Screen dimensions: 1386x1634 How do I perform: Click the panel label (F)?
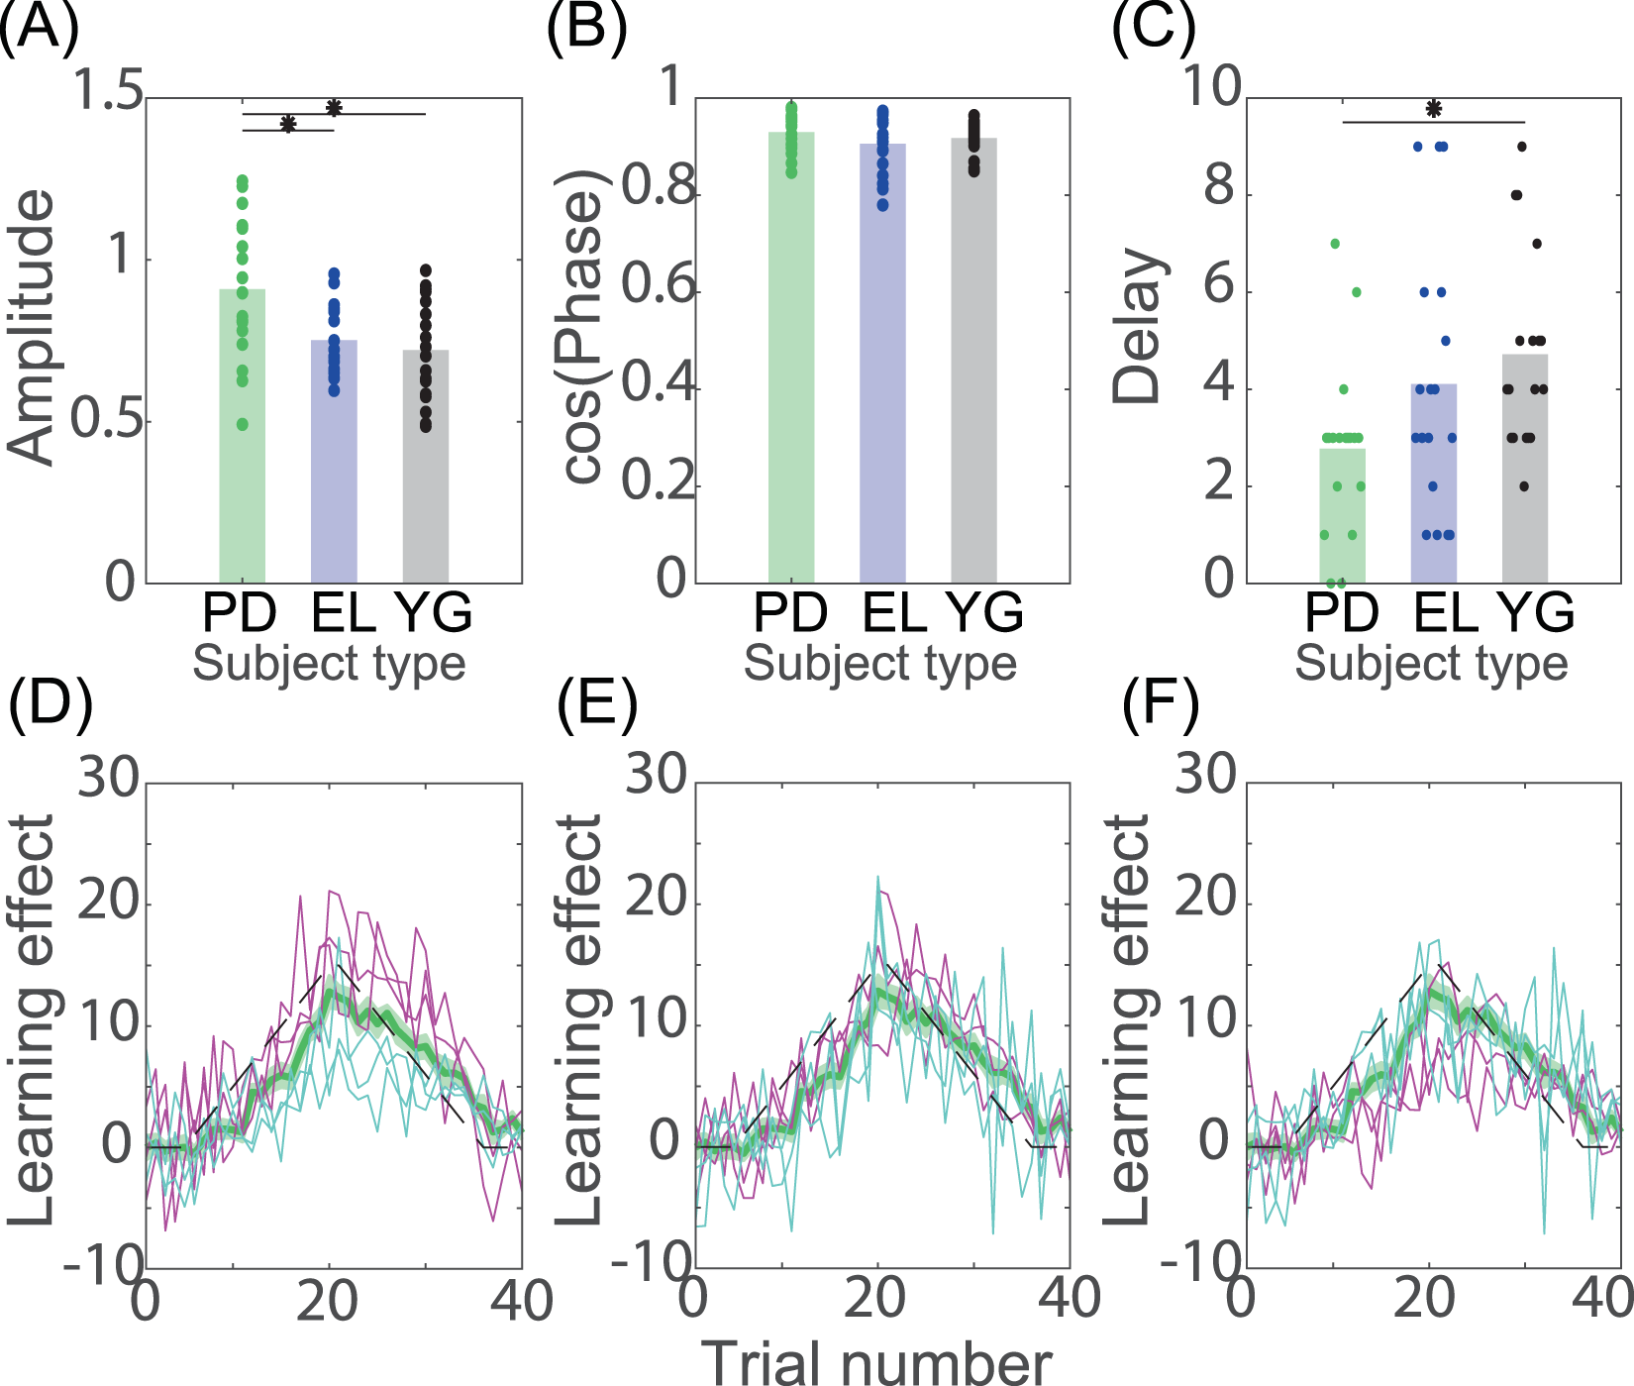(1160, 704)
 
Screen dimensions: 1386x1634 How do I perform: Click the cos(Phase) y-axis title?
(582, 327)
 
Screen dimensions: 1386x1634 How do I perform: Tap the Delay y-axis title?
(1136, 327)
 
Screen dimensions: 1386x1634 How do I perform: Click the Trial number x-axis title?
(879, 1363)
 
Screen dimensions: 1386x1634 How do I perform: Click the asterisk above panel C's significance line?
(1433, 109)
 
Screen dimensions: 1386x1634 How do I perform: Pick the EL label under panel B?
(894, 613)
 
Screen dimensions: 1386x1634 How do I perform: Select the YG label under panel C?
(1535, 613)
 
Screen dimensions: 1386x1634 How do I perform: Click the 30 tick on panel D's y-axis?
(109, 778)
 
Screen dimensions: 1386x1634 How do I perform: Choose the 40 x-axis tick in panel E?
(1070, 1299)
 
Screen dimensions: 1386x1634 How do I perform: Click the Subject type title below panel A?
(329, 664)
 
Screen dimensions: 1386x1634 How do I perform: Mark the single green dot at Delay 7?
(1334, 244)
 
